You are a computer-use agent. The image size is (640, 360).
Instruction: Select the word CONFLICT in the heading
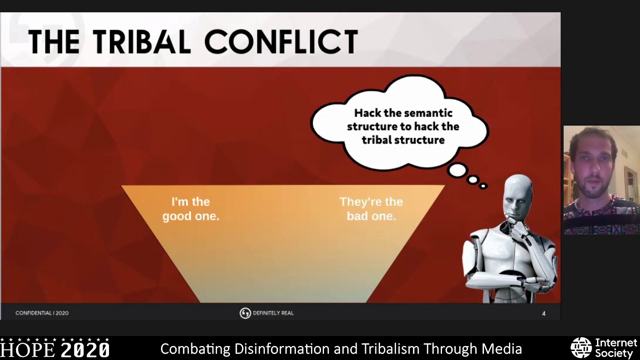point(281,41)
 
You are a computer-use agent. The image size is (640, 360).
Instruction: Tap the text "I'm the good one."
point(190,209)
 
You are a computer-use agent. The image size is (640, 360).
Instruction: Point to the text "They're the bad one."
point(371,209)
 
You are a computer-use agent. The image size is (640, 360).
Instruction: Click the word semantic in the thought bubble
point(428,113)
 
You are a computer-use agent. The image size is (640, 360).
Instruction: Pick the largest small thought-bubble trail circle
point(457,171)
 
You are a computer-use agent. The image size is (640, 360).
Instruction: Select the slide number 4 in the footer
point(543,313)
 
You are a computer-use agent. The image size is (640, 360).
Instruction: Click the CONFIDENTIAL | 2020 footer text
point(42,313)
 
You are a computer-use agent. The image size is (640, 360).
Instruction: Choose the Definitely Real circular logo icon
point(245,313)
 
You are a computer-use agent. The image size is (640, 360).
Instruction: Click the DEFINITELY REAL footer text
point(273,313)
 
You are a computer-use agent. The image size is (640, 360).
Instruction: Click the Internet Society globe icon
point(581,348)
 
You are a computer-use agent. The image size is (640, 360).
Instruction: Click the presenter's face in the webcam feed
point(593,170)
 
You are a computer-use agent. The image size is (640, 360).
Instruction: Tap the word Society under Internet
point(614,353)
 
